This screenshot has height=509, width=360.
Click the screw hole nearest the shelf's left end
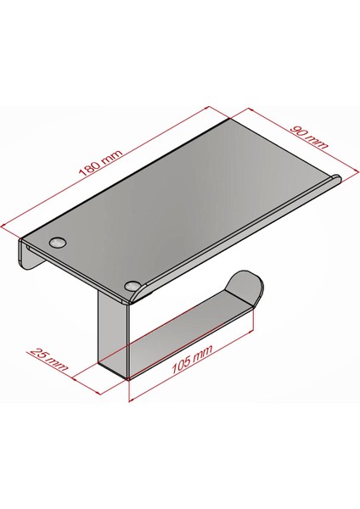point(58,242)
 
